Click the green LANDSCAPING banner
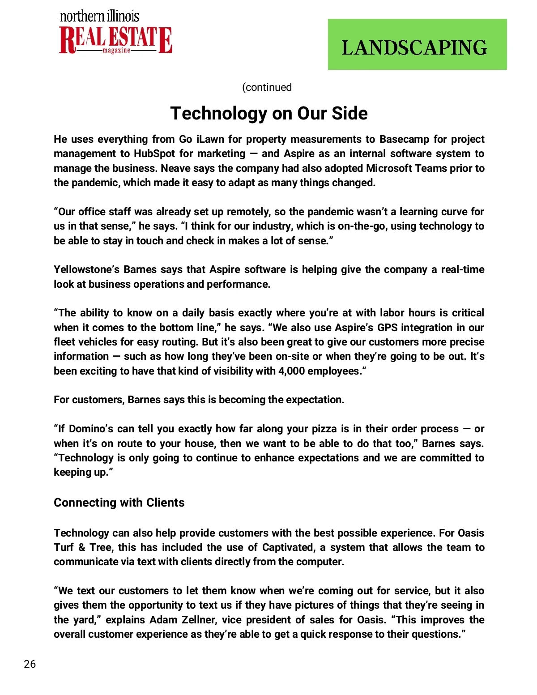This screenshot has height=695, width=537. (x=417, y=44)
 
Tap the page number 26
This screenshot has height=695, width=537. (x=30, y=664)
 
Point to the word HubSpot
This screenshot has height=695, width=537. (x=154, y=154)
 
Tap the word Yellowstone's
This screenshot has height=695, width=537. (x=87, y=269)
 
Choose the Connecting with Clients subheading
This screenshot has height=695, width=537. (x=119, y=503)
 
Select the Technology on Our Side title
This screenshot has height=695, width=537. (x=269, y=113)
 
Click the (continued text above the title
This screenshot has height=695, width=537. (x=267, y=87)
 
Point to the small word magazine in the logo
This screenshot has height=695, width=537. (x=116, y=51)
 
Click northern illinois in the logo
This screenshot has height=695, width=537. (x=99, y=17)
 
